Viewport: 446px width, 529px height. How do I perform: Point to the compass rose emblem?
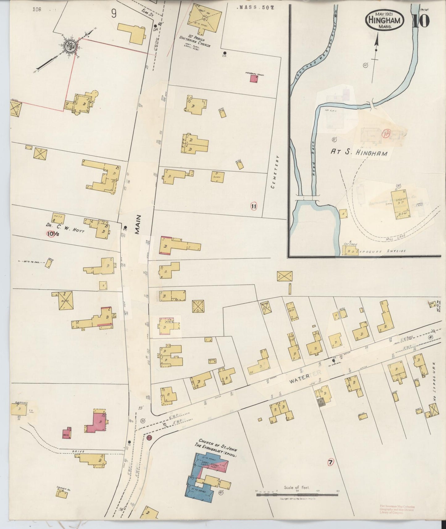pos(70,46)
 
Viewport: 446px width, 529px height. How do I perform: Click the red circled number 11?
pos(254,206)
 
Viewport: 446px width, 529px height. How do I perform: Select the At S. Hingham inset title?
pos(359,152)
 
